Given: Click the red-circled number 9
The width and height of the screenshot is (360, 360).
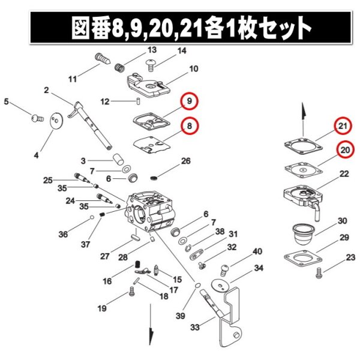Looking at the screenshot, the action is coord(189,101).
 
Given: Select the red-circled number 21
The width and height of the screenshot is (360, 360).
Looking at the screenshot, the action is coord(343,125).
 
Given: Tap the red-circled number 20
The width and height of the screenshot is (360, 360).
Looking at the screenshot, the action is coord(345,150).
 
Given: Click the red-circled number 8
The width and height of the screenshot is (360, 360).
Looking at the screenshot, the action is coord(190,126).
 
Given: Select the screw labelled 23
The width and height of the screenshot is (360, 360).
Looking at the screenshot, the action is coord(319,273).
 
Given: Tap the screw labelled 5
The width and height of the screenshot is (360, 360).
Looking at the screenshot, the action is coord(37,118).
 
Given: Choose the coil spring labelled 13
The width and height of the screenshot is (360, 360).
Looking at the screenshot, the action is coord(119,67).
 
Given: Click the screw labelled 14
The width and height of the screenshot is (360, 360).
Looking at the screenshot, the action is coord(151,65).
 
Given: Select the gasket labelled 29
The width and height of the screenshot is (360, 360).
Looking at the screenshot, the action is coord(302,259).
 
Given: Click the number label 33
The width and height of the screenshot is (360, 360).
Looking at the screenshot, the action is coord(194,327).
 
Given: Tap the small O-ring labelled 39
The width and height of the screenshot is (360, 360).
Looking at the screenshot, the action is coord(197,286).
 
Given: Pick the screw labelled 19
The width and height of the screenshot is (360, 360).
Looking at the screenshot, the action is coord(131,291).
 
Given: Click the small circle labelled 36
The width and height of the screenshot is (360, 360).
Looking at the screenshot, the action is coord(92,217).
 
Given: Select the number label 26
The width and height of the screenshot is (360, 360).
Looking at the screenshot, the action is coord(186,161).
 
